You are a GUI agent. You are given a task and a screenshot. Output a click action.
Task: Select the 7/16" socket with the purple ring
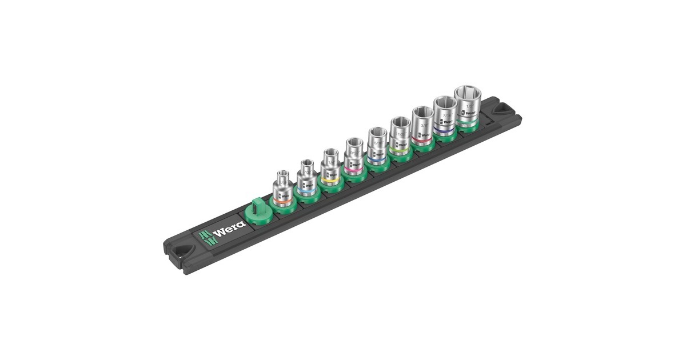(445, 117)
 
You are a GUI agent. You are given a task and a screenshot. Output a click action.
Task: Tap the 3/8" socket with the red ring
(422, 126)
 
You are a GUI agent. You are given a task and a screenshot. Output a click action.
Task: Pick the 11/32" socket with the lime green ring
(400, 136)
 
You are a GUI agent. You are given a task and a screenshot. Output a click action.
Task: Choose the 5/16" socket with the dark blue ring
(377, 146)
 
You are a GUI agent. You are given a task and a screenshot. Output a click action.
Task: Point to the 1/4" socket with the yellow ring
(330, 166)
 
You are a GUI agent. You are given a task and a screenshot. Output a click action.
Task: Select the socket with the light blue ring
(307, 178)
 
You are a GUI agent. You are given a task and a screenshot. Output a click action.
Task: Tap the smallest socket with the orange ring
(282, 189)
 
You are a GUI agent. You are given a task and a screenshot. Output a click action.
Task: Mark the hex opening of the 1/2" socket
(466, 93)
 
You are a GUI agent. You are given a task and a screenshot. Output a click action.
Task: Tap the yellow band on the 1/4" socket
(329, 179)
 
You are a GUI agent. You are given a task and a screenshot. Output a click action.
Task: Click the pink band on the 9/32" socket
(353, 169)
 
